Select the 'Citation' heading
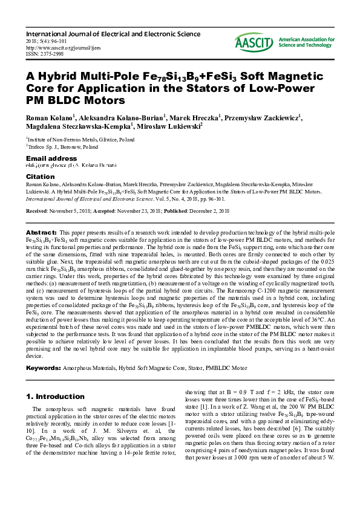pyautogui.click(x=41, y=177)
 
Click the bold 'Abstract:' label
pyautogui.click(x=41, y=233)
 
